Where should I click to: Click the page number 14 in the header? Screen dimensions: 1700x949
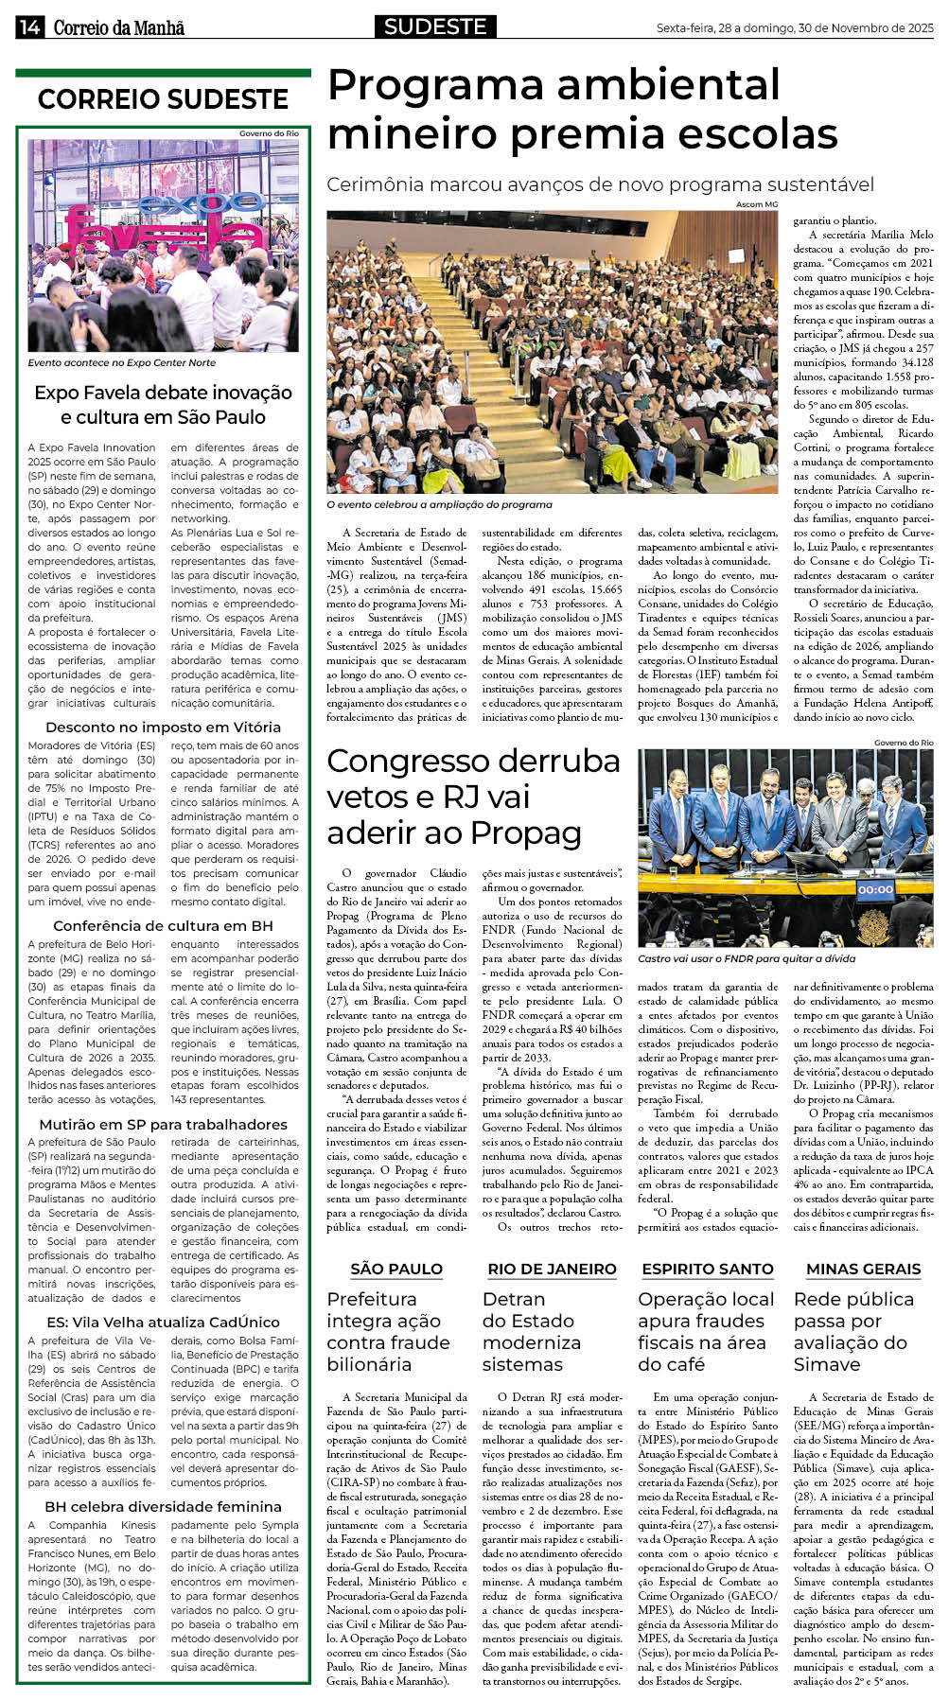coord(28,27)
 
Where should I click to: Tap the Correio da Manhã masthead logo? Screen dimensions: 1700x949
coord(118,28)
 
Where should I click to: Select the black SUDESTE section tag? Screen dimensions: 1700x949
coord(435,26)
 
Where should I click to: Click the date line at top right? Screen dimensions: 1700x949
coord(795,28)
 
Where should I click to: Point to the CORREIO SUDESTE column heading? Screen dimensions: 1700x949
coord(163,99)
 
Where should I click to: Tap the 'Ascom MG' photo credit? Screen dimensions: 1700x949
coord(756,204)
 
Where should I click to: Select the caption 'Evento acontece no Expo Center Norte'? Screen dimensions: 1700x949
coord(122,362)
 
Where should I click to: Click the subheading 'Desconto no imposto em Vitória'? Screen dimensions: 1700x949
coord(163,727)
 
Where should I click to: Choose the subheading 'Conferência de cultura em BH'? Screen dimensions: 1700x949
coord(163,925)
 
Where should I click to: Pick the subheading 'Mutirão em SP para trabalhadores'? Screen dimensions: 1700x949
coord(163,1124)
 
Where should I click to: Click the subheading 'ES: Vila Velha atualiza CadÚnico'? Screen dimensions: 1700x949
coord(163,1322)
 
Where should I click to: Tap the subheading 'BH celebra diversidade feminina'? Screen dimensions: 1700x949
coord(163,1506)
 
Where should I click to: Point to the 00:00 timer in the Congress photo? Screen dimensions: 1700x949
coord(875,889)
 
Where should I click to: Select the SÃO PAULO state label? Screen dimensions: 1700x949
coord(396,1269)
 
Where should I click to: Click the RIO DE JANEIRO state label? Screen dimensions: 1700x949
coord(552,1269)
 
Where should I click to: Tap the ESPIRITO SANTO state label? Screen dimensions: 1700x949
coord(708,1269)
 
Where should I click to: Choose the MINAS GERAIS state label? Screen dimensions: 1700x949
coord(863,1269)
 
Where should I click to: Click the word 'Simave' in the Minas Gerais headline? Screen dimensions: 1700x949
coord(827,1364)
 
